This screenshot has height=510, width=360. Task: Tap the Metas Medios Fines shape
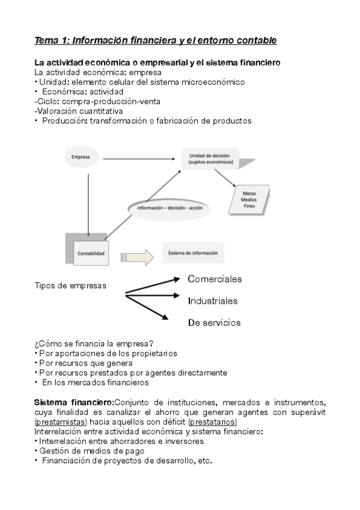[x=248, y=200]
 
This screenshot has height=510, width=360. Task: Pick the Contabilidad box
[x=91, y=253]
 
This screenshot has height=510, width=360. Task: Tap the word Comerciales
[x=215, y=279]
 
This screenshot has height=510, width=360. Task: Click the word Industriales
[x=213, y=301]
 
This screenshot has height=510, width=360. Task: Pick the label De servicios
[x=214, y=322]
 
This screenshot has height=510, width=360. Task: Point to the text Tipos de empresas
[x=71, y=285]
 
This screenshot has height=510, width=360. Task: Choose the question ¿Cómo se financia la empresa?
[x=94, y=343]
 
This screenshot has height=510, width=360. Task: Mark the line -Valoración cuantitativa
[x=79, y=111]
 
